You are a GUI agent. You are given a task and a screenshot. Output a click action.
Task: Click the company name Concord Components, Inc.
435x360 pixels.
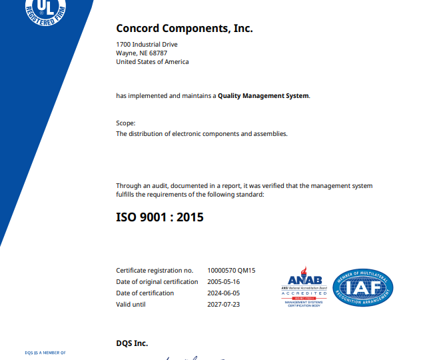[185, 28]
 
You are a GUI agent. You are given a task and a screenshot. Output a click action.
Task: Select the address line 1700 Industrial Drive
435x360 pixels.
[147, 45]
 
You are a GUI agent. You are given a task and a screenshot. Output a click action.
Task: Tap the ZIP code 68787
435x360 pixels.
[159, 53]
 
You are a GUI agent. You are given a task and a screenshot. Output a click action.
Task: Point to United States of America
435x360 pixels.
[152, 62]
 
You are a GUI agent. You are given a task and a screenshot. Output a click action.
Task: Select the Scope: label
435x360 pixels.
[126, 123]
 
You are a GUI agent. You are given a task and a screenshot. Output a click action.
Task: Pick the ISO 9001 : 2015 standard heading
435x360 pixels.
[160, 217]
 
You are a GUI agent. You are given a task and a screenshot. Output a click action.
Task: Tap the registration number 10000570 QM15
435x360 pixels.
[232, 271]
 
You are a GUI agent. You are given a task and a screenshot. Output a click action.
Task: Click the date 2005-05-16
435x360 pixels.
[224, 282]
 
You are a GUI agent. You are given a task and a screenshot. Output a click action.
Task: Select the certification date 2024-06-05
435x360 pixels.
[224, 293]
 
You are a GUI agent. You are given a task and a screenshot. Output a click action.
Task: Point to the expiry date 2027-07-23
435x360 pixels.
[224, 305]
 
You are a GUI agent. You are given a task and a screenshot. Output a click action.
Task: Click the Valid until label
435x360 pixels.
[131, 305]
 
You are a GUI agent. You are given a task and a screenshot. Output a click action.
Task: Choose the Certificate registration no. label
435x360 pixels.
[155, 271]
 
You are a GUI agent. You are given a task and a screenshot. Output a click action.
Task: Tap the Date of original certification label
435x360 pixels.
[157, 282]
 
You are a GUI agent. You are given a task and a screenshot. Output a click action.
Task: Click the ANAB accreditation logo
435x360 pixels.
[304, 287]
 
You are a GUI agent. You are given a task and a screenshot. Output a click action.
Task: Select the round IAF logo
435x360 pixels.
[363, 288]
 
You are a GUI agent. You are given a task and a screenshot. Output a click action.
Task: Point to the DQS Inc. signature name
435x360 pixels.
[132, 344]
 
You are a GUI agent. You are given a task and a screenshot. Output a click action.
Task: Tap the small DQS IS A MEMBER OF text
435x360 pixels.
[45, 352]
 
